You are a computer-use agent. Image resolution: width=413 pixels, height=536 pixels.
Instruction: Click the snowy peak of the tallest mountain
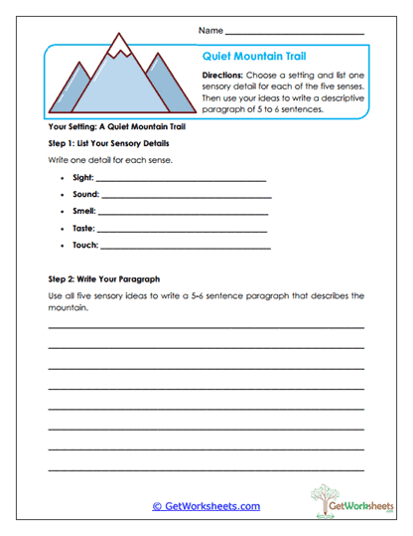click(x=122, y=44)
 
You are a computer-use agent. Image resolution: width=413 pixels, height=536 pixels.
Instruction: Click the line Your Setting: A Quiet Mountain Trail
click(x=117, y=128)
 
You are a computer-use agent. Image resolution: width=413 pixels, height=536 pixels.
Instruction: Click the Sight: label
click(x=83, y=178)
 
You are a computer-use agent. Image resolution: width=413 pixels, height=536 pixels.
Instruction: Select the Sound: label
click(x=86, y=195)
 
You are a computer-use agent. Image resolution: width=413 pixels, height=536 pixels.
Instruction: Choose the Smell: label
click(x=84, y=212)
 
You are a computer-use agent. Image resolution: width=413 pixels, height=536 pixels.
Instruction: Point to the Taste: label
click(x=84, y=229)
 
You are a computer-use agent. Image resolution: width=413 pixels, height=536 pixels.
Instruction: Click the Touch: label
click(x=85, y=246)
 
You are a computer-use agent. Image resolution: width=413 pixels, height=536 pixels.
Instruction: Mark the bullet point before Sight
click(x=63, y=178)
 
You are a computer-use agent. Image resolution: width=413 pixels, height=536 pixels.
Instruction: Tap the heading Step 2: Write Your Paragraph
click(x=104, y=279)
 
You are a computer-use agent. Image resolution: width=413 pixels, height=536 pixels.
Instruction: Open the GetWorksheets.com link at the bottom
click(x=206, y=506)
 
